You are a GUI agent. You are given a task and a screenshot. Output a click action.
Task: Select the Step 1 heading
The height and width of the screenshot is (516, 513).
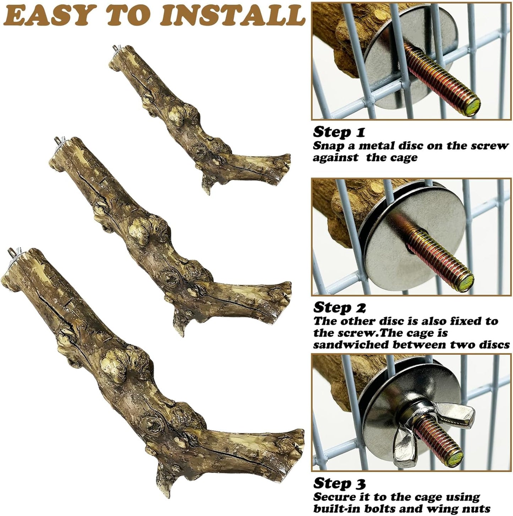pos(339,132)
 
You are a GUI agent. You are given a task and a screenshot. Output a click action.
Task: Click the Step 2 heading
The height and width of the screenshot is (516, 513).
pos(339,307)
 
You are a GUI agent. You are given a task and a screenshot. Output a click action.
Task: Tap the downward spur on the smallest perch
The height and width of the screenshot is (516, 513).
pos(207,185)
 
